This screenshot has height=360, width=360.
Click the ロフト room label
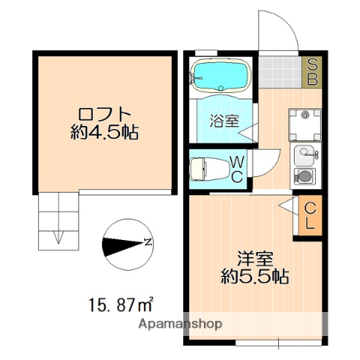pyautogui.click(x=106, y=115)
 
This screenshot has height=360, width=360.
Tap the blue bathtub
pyautogui.click(x=219, y=75)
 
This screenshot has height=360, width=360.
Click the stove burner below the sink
pyautogui.click(x=304, y=177)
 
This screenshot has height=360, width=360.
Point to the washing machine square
pyautogui.click(x=304, y=123)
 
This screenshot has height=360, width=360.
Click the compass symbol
pyautogui.click(x=125, y=244)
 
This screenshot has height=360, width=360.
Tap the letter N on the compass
pyautogui.click(x=148, y=243)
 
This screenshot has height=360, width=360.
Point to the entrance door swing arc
pyautogui.click(x=276, y=30)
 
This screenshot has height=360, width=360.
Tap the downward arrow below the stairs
pyautogui.click(x=58, y=238)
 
